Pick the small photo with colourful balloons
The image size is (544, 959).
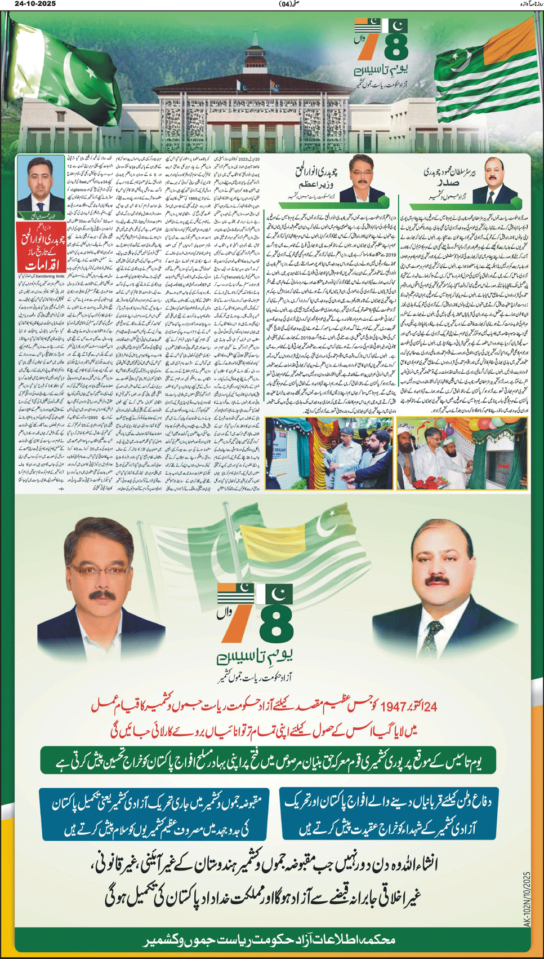(x=462, y=453)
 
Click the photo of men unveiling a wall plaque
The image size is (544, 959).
(x=329, y=453)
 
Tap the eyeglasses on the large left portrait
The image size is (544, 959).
(x=105, y=571)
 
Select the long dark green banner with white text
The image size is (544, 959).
(x=269, y=761)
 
